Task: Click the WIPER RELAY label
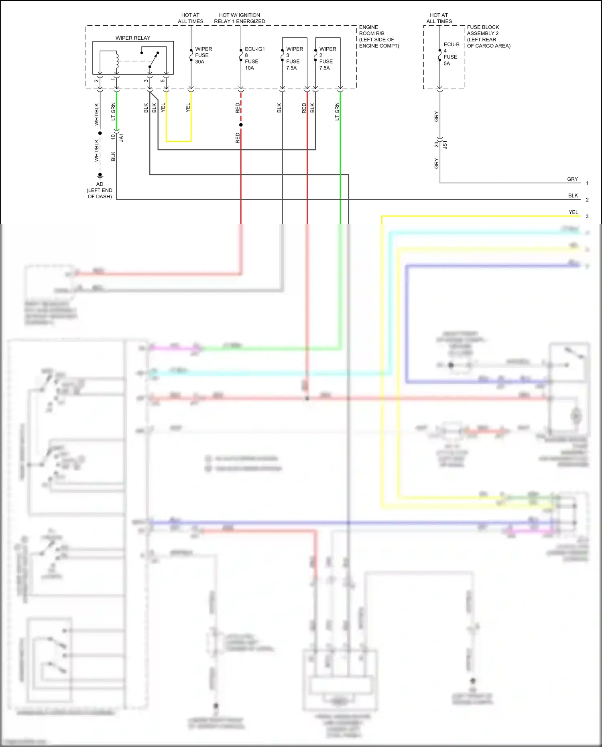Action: [x=133, y=38]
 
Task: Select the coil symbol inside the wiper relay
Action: [x=117, y=60]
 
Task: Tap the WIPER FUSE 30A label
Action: [x=203, y=55]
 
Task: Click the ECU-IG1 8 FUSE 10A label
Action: [x=254, y=59]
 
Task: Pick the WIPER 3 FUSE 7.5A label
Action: [x=294, y=59]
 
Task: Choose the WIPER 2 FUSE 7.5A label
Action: [x=327, y=59]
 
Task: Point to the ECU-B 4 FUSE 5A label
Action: [x=451, y=54]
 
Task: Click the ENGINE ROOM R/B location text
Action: [x=378, y=37]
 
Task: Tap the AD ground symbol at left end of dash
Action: [x=100, y=175]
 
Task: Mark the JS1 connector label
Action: [x=445, y=145]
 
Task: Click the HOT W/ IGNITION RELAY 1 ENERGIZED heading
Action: [x=240, y=18]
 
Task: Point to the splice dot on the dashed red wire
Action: [x=241, y=125]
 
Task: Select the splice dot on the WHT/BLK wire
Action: [x=100, y=133]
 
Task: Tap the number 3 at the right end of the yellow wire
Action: [x=587, y=216]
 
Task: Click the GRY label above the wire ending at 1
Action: [x=572, y=179]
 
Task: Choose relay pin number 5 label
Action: [x=163, y=81]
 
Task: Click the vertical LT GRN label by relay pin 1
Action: [x=113, y=111]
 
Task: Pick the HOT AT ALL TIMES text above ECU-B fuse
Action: [x=439, y=18]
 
